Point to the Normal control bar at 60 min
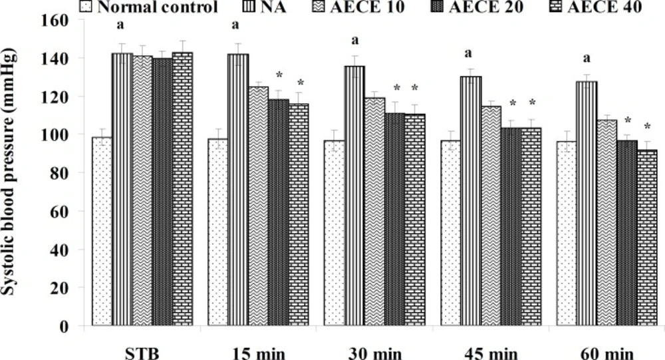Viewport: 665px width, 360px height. click(x=566, y=234)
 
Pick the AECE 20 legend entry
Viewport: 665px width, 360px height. click(x=495, y=9)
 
